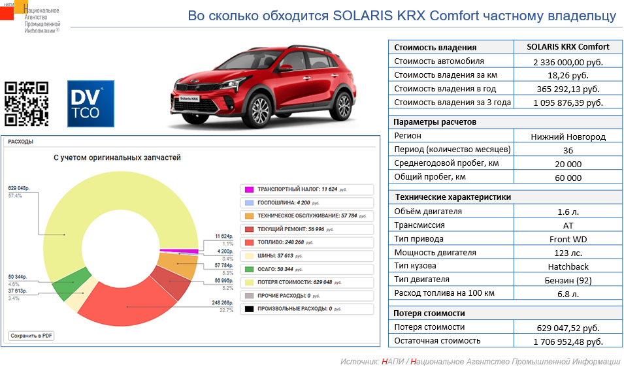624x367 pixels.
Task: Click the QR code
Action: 27,103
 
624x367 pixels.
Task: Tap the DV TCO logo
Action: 91,103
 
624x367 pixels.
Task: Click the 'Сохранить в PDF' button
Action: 31,336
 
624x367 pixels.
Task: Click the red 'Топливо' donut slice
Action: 124,307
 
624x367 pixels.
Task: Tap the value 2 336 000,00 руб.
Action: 568,61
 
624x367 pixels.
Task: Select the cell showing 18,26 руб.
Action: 568,75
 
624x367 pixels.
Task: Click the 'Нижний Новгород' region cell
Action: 568,136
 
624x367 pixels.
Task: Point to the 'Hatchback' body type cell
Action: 568,266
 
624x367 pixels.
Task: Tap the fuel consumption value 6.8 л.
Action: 568,293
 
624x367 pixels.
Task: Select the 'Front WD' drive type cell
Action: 568,239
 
